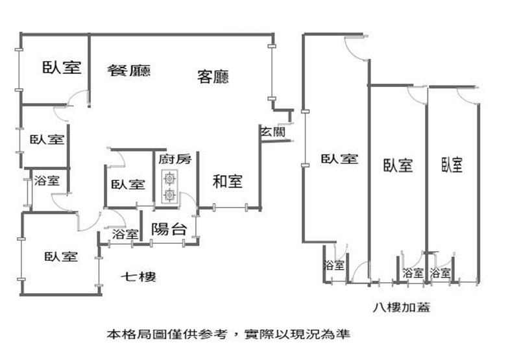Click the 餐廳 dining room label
[x=128, y=70]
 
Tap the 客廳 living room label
[x=213, y=77]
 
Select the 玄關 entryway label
[x=273, y=132]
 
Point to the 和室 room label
[x=228, y=182]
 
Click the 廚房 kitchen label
[x=175, y=159]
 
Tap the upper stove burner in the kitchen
[x=170, y=178]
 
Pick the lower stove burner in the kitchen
[x=170, y=195]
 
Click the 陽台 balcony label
[x=169, y=229]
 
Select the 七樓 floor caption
[x=138, y=276]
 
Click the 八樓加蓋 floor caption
[x=402, y=307]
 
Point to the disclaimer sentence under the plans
[x=228, y=335]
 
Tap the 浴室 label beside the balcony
[x=125, y=234]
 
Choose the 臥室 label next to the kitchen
[x=128, y=184]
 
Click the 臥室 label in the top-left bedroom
[x=62, y=67]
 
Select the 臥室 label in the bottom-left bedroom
[x=61, y=256]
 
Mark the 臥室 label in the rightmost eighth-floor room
[x=452, y=165]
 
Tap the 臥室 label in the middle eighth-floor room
[x=398, y=165]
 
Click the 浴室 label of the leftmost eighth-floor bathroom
[x=333, y=265]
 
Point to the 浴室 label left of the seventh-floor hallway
[x=47, y=181]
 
